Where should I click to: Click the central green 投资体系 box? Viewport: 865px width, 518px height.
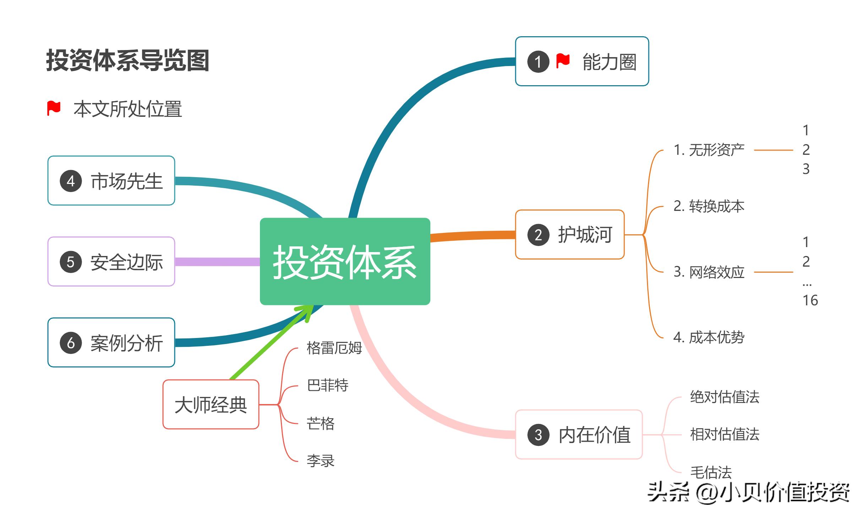(x=345, y=261)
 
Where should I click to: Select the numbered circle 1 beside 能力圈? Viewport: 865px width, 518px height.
(x=538, y=62)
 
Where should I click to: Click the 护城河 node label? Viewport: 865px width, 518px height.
(x=585, y=235)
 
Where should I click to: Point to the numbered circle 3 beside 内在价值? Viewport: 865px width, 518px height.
(x=538, y=435)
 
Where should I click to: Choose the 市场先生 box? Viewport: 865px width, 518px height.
(x=111, y=181)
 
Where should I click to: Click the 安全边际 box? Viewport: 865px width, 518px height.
(x=111, y=262)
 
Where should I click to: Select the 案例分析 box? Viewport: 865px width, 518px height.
(x=111, y=343)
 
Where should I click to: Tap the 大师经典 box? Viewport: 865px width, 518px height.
(x=211, y=404)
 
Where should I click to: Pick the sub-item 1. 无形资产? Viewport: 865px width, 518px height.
(x=709, y=150)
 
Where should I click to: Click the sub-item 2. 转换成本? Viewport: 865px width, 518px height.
(x=709, y=206)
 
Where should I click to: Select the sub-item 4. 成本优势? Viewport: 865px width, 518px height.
(x=709, y=337)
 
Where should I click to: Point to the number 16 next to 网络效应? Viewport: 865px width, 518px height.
(x=810, y=300)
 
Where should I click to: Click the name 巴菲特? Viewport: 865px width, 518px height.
(x=327, y=385)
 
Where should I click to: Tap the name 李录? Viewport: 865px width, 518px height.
(x=320, y=461)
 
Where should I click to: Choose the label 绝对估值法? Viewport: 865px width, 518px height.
(x=724, y=397)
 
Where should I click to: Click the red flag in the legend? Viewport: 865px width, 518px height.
(x=54, y=108)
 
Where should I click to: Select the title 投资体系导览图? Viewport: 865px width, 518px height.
(x=127, y=60)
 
